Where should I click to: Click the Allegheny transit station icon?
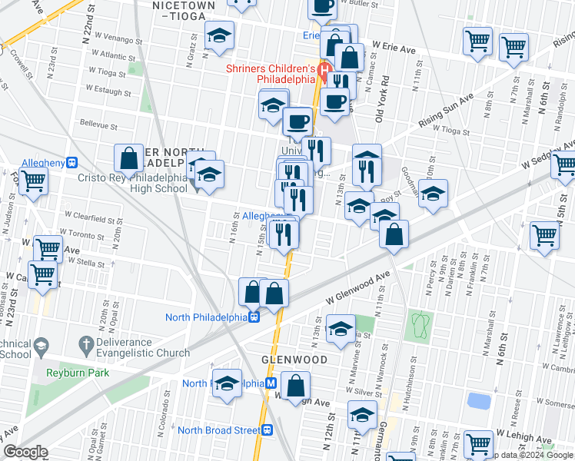point(71,163)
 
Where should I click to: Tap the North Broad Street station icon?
point(266,430)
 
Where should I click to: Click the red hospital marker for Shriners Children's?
point(324,78)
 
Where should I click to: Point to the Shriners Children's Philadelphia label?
point(271,74)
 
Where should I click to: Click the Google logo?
point(25,452)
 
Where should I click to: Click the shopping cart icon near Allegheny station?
point(34,182)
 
